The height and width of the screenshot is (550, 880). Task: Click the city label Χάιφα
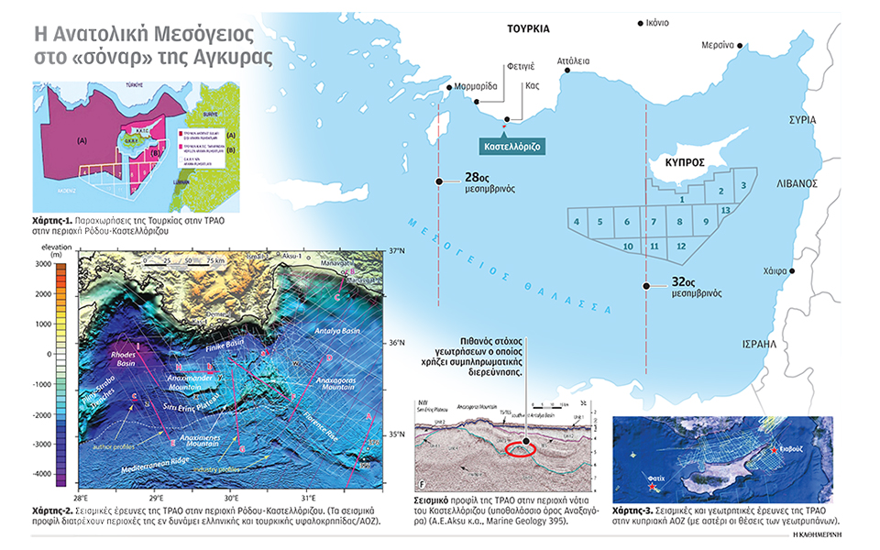pos(776,272)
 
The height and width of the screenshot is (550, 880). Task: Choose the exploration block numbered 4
pos(576,222)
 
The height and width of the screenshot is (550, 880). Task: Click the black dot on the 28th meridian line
pos(440,182)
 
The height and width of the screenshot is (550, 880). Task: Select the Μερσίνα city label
pos(721,44)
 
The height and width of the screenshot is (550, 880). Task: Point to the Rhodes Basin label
pos(122,353)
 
